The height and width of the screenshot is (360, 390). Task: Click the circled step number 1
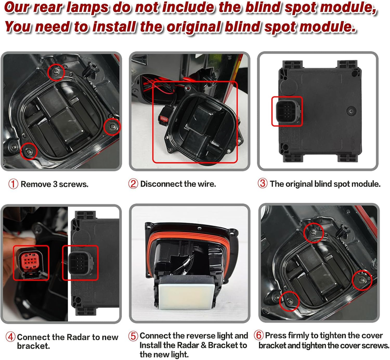13,184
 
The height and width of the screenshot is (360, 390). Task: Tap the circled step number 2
133,184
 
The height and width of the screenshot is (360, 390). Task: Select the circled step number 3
262,183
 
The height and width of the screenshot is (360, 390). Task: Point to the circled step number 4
10,337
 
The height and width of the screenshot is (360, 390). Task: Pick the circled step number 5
133,336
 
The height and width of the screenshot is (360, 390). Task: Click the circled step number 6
259,335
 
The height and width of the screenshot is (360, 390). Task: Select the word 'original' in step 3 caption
299,184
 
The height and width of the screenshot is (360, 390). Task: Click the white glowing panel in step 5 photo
187,294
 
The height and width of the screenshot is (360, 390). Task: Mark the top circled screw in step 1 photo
56,72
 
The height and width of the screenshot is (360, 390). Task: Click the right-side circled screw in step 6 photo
362,280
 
